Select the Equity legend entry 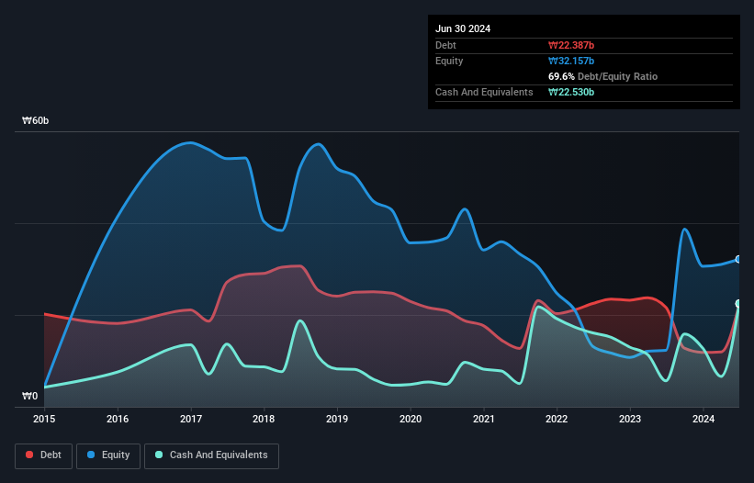108,455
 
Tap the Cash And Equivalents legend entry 211,455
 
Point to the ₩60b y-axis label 37,121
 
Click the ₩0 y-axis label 30,397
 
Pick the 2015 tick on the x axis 44,419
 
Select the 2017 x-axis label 191,419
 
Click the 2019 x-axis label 337,419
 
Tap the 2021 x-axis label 484,419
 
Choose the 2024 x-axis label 703,419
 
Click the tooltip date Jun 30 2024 463,28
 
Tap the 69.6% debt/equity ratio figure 562,76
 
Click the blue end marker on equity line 737,260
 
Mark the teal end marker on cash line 737,304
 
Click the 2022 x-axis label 557,419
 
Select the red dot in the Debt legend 29,455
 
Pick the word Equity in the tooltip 449,61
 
